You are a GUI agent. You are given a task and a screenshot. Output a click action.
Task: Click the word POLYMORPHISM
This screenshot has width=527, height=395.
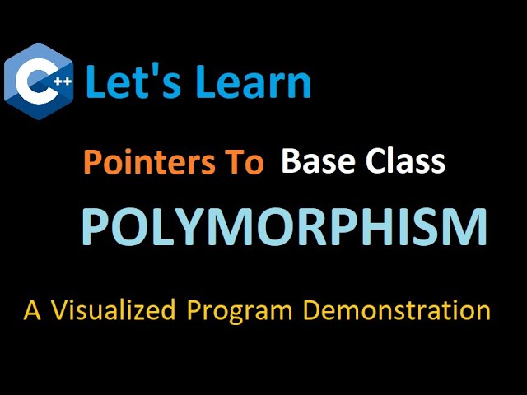pyautogui.click(x=284, y=227)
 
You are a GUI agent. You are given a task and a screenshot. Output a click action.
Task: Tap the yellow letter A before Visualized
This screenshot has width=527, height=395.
pyautogui.click(x=32, y=311)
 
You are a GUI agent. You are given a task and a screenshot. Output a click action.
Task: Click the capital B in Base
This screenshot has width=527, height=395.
pyautogui.click(x=290, y=161)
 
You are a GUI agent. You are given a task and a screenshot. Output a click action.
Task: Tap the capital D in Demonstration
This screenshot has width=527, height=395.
pyautogui.click(x=314, y=311)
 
